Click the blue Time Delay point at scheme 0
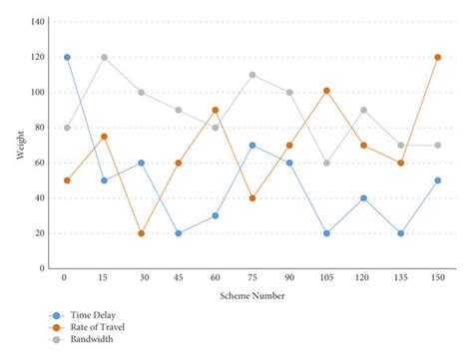(67, 57)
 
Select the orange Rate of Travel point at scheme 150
(438, 57)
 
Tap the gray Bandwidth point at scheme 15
(104, 57)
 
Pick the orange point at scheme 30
(141, 233)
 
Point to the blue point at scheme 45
(179, 233)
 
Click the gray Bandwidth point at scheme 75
(252, 75)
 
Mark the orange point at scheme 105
(326, 91)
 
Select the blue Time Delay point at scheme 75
(252, 146)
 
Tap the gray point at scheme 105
(326, 163)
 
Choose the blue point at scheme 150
(438, 180)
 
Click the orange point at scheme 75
(252, 198)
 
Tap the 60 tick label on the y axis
(40, 163)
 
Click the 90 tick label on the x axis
(289, 278)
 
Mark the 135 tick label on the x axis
(400, 278)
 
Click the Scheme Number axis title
(252, 296)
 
